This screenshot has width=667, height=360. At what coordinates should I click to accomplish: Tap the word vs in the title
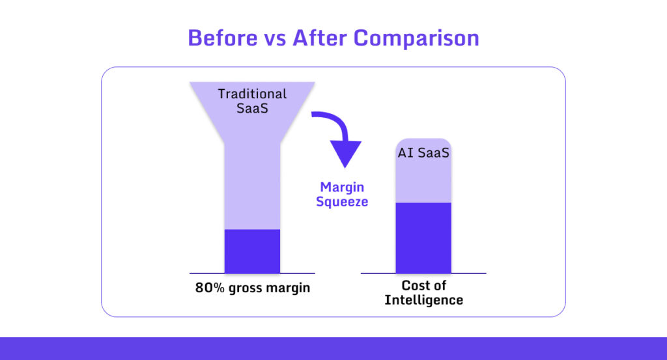click(274, 38)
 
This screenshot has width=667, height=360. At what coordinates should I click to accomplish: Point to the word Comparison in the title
click(416, 38)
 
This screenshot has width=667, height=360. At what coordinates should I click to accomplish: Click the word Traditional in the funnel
click(252, 94)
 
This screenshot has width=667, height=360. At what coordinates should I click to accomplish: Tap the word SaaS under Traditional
click(252, 108)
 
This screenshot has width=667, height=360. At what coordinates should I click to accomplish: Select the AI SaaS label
click(423, 155)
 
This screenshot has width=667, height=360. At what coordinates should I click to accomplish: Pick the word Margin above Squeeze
click(342, 187)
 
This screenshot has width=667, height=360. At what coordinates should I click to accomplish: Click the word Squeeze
click(342, 202)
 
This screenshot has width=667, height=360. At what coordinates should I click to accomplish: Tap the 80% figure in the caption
click(210, 287)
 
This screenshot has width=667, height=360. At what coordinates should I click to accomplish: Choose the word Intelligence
click(423, 300)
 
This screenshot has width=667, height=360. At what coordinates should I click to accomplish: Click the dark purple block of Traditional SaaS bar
click(252, 251)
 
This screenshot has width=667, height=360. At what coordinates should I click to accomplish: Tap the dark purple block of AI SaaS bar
click(423, 238)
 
